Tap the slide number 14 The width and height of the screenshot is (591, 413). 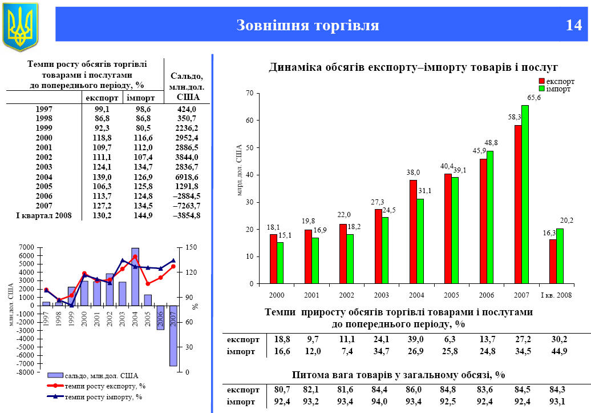point(573,26)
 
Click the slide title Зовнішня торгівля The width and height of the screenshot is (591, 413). point(307,26)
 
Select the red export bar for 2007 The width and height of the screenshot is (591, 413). point(517,204)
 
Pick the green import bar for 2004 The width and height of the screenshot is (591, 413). point(420,241)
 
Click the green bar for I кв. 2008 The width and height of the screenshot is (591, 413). point(560,256)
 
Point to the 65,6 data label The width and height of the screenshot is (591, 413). point(535,98)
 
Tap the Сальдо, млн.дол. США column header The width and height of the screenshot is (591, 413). point(187,86)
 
